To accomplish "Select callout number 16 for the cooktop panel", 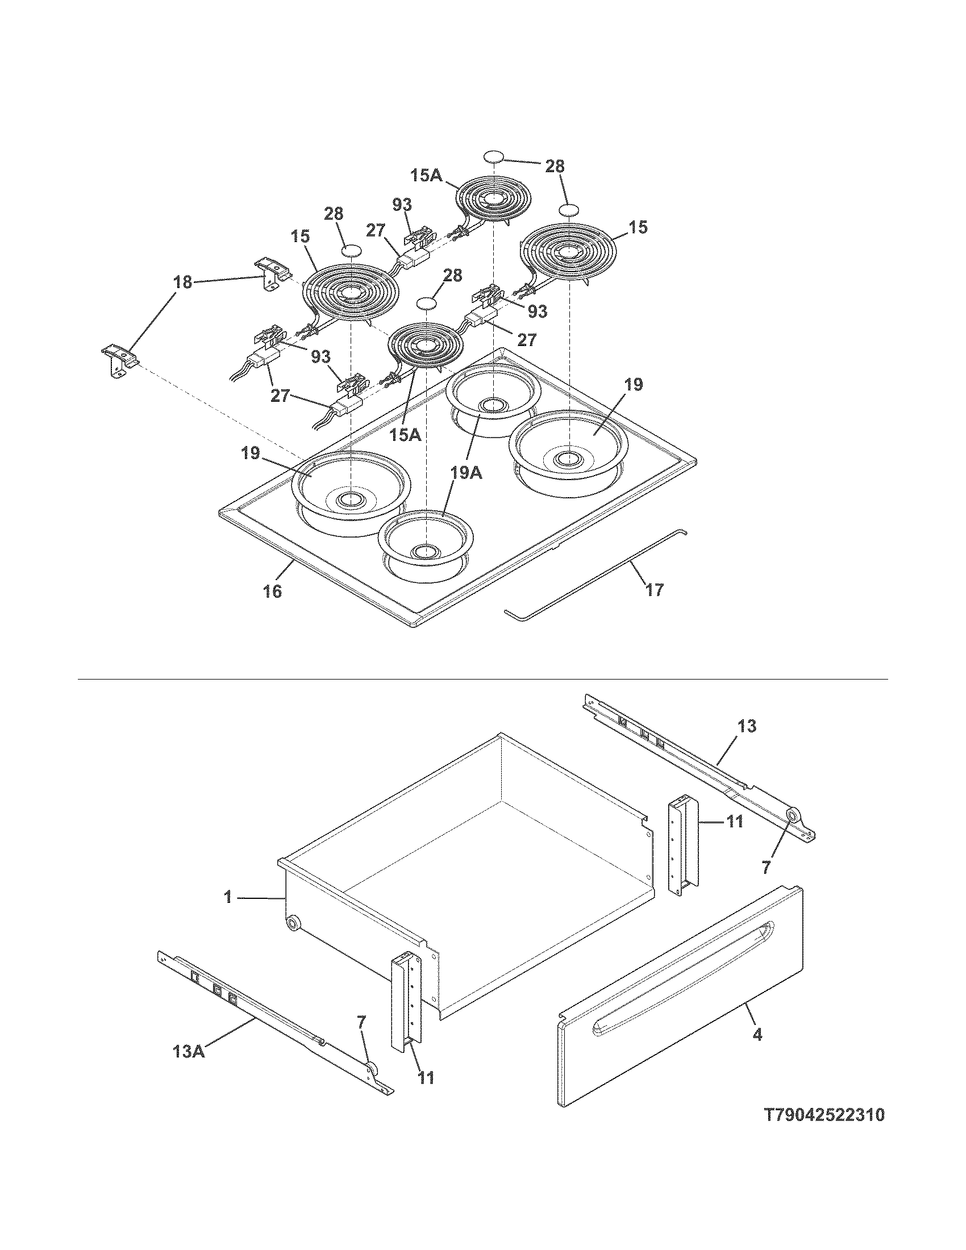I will click(273, 591).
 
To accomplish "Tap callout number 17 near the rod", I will click(654, 590).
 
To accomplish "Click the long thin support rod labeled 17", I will click(595, 572).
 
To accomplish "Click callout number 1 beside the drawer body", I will click(228, 897).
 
